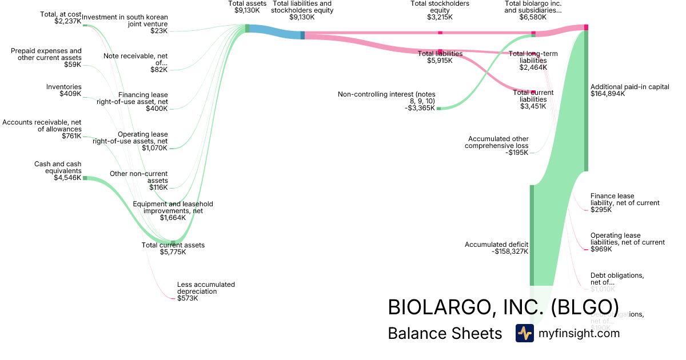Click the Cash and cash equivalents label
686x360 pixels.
(x=58, y=167)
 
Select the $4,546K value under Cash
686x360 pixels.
(x=67, y=177)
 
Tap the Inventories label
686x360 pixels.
(x=63, y=87)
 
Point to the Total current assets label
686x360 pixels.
(x=173, y=245)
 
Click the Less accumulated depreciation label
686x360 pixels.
(x=206, y=287)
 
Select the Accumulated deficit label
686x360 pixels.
(x=496, y=245)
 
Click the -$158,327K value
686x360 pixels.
(x=510, y=251)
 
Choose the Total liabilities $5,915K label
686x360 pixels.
(x=440, y=57)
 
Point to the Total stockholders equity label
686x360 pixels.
(x=440, y=7)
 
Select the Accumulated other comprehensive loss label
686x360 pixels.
(x=498, y=142)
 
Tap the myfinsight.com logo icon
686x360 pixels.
(x=524, y=333)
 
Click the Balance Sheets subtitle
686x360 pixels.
(x=445, y=334)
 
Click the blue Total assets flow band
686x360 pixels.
(x=274, y=33)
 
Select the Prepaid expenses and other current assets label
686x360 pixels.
(x=46, y=54)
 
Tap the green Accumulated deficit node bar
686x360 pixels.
(x=531, y=234)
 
